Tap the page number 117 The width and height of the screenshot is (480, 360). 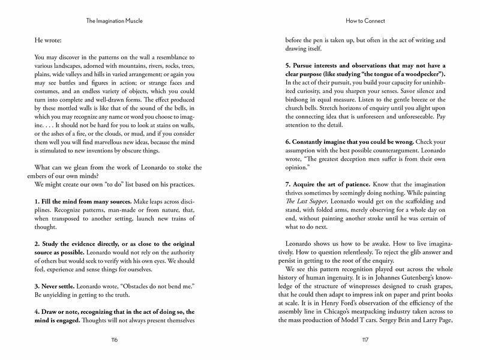365,340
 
